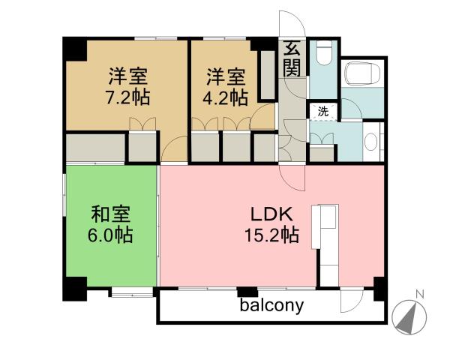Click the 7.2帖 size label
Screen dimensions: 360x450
pyautogui.click(x=125, y=97)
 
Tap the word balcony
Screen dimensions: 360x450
pyautogui.click(x=271, y=305)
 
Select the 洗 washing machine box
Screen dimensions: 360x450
pyautogui.click(x=322, y=111)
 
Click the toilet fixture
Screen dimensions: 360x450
pyautogui.click(x=323, y=52)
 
